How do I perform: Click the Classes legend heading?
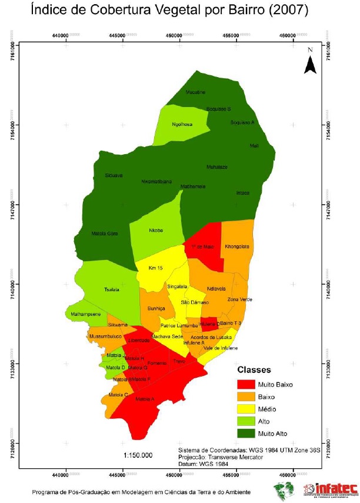click(254, 371)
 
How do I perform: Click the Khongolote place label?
click(238, 246)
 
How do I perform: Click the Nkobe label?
click(155, 230)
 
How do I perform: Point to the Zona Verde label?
click(239, 299)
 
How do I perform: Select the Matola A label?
click(145, 399)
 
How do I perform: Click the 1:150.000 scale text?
click(138, 455)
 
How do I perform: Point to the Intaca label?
click(242, 192)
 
